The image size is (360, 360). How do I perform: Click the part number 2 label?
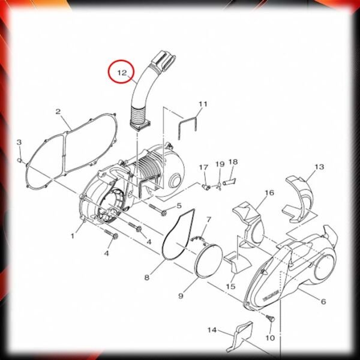[58, 112]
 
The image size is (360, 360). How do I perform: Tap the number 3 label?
[19, 142]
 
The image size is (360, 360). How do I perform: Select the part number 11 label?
[203, 104]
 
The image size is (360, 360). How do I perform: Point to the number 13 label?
[319, 167]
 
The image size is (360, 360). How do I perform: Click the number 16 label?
[269, 193]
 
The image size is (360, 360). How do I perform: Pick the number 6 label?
[323, 301]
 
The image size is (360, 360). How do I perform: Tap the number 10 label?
[270, 338]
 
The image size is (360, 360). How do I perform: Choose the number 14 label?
[212, 330]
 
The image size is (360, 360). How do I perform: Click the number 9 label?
[181, 296]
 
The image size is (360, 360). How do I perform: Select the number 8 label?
[147, 277]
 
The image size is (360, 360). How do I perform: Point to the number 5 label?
[179, 205]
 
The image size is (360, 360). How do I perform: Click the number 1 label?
[73, 236]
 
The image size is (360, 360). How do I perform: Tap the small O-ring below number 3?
[20, 160]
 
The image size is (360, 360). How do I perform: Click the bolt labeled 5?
[158, 209]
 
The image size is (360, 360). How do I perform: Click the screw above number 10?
[271, 319]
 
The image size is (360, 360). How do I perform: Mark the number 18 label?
[233, 162]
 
